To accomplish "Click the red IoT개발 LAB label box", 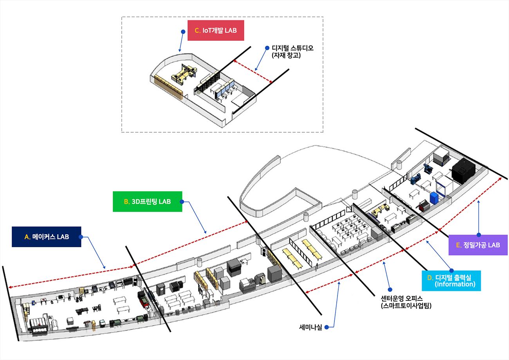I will [216, 30].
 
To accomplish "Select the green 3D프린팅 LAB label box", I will [147, 201].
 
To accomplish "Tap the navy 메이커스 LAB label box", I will [46, 237].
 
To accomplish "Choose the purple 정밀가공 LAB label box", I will [478, 245].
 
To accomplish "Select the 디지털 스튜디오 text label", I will [293, 48].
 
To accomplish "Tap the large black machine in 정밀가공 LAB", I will [463, 169].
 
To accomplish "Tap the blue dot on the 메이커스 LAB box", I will [81, 237].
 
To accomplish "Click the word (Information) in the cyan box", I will [455, 284].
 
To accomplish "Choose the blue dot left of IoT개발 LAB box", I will [182, 31].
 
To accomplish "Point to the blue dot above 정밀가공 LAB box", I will [478, 235].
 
